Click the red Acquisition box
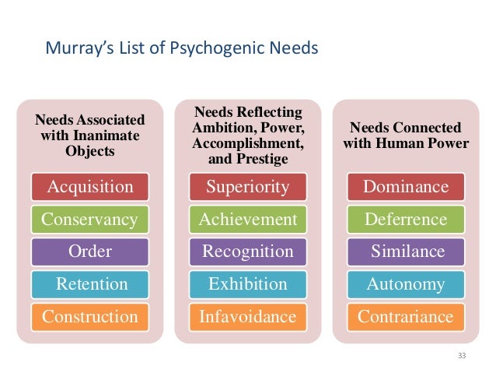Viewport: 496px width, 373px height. click(x=90, y=187)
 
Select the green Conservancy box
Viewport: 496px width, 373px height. click(x=90, y=220)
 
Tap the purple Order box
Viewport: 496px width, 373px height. click(x=90, y=252)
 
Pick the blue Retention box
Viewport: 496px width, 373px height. click(x=90, y=284)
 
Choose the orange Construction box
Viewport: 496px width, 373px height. click(x=90, y=316)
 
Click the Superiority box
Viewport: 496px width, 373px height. click(x=247, y=187)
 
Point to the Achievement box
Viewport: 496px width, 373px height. click(x=247, y=220)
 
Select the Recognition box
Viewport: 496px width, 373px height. click(x=247, y=252)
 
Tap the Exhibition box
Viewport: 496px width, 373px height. click(x=247, y=284)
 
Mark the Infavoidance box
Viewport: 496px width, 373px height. click(x=247, y=316)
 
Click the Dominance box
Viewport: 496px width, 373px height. click(x=405, y=187)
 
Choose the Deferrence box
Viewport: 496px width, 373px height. click(x=405, y=220)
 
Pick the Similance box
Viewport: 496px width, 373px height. click(x=405, y=252)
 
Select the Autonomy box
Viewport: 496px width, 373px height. click(x=405, y=284)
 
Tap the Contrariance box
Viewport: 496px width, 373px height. click(x=405, y=316)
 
